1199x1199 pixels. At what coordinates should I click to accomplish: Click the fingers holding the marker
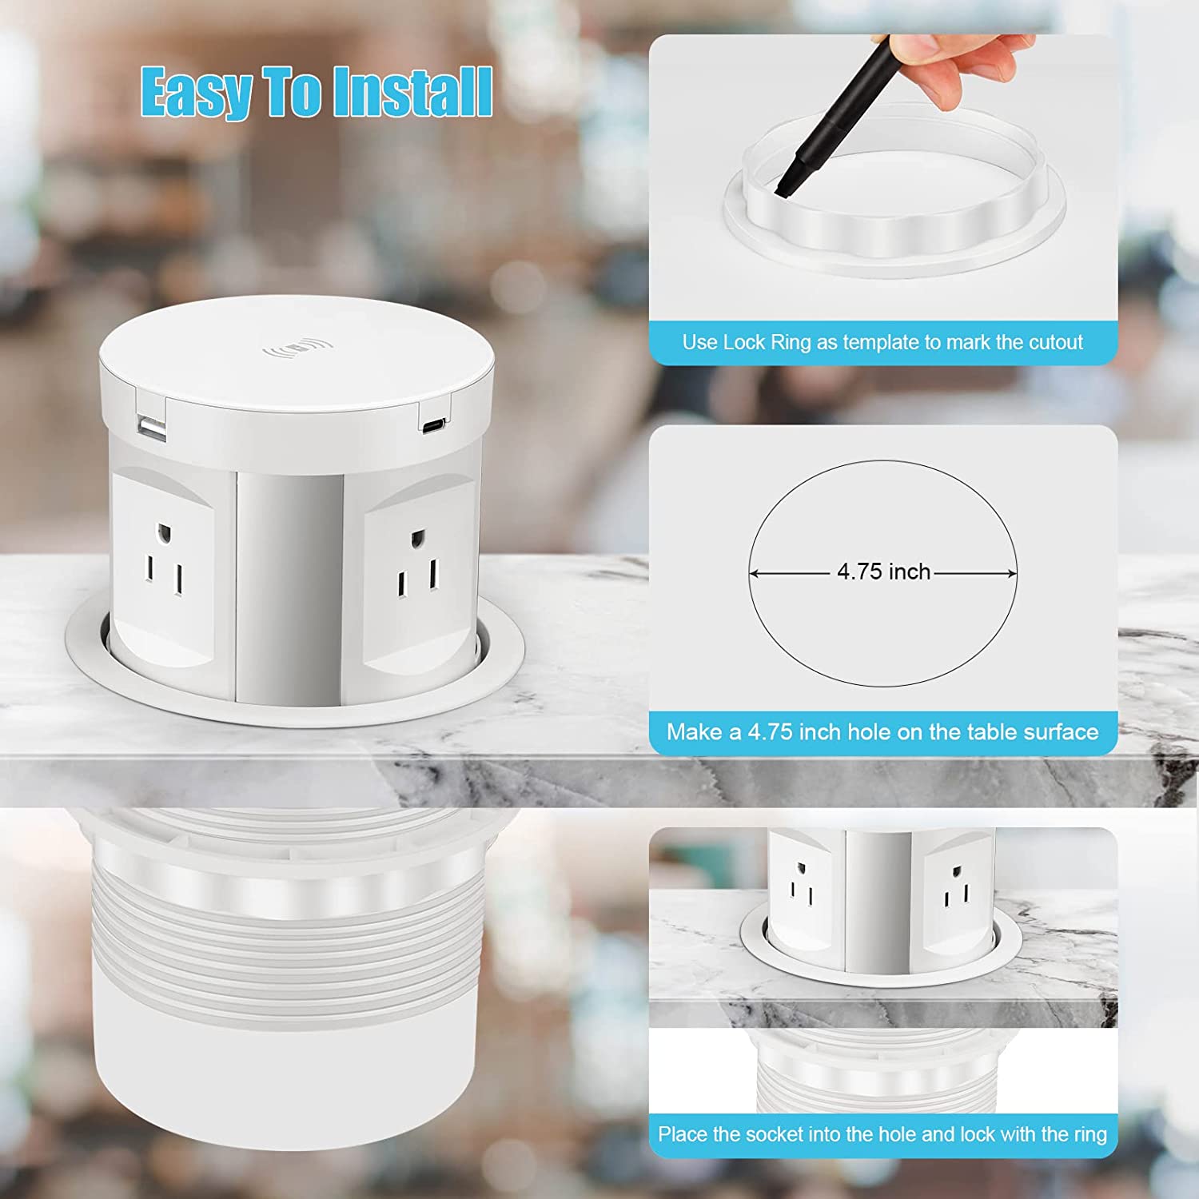click(x=959, y=64)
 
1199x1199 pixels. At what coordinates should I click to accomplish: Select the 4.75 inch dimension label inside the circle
click(x=883, y=572)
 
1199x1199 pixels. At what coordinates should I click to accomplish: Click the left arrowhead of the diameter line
click(x=753, y=574)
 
